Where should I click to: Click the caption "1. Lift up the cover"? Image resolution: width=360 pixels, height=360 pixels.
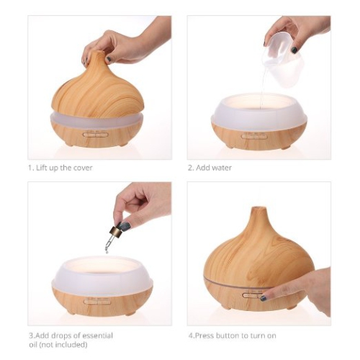(60, 168)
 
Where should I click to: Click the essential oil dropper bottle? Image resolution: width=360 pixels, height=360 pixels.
(114, 235)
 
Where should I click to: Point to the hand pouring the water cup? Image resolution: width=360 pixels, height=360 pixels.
(302, 32)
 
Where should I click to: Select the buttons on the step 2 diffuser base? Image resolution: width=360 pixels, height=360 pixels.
(255, 135)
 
